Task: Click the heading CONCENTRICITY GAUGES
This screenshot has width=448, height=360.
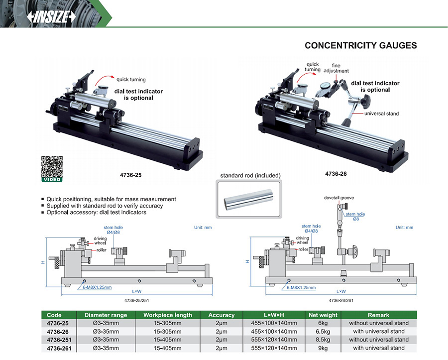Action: tap(360, 45)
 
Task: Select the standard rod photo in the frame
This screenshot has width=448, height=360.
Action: tap(250, 199)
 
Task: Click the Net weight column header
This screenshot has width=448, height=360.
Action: tap(323, 315)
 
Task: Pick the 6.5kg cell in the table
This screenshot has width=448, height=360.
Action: tap(323, 331)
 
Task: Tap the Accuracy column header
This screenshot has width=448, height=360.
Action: tap(221, 315)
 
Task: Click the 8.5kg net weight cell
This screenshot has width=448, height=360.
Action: tap(323, 340)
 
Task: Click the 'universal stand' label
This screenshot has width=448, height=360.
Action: tap(381, 114)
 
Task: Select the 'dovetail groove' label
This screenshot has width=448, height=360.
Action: tap(338, 198)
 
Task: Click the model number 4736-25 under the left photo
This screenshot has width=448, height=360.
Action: tap(131, 175)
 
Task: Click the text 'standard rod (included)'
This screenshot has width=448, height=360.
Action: tap(250, 175)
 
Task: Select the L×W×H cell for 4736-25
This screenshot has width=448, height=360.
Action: tap(275, 323)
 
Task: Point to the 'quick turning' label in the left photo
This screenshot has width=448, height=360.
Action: tap(131, 79)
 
